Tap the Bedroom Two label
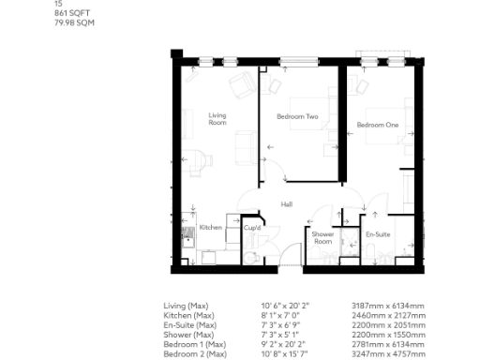point(297,117)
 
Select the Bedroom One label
point(377,125)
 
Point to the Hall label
point(288,203)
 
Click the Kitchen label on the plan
point(211,228)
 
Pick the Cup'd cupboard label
point(251,228)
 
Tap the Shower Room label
point(322,237)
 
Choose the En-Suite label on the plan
point(378,233)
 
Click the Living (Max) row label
point(185,306)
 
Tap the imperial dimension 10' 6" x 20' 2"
point(285,306)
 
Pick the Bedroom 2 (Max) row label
point(194,353)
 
